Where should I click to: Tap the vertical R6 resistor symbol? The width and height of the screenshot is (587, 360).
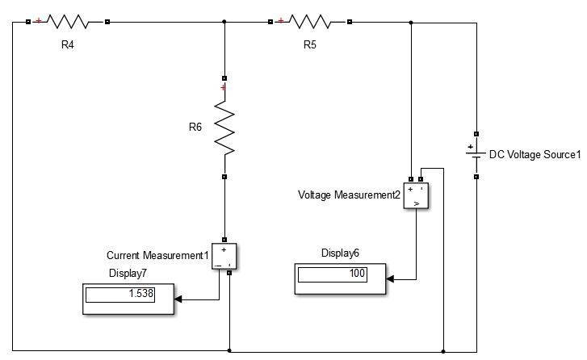click(224, 128)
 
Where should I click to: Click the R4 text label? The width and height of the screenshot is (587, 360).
click(68, 45)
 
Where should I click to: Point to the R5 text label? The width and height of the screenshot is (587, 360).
click(310, 45)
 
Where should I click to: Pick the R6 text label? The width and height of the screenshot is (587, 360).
click(195, 127)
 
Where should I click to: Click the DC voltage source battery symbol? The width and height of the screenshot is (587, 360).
click(476, 154)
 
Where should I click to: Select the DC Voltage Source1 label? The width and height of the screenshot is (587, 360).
click(535, 154)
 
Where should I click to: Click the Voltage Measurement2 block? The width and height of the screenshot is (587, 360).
click(417, 196)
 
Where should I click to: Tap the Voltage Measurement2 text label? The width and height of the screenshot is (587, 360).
click(349, 195)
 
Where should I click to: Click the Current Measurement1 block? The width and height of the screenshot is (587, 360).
click(224, 255)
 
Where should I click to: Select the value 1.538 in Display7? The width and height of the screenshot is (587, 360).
click(141, 294)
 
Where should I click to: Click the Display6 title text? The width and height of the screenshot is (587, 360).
click(340, 253)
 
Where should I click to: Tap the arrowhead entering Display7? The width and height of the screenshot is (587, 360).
click(178, 299)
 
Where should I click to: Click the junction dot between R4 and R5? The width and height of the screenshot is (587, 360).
click(224, 22)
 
